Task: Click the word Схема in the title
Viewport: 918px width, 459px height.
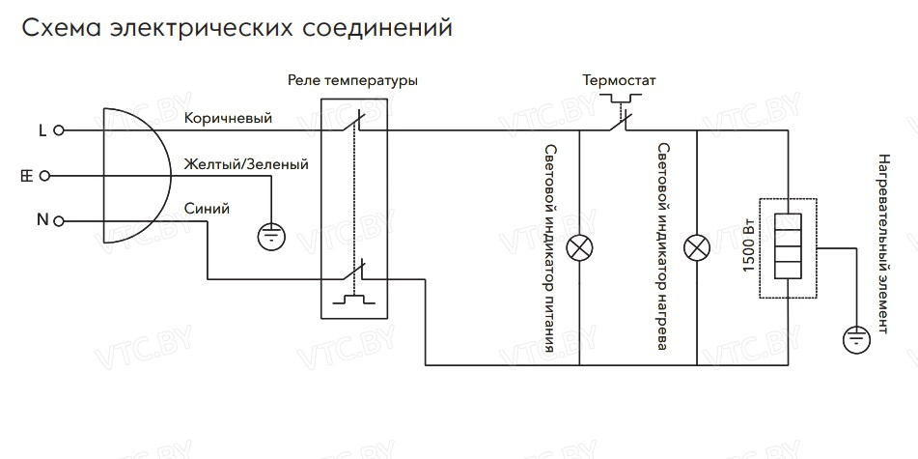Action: pos(60,29)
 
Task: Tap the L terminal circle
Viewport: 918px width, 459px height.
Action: pos(59,129)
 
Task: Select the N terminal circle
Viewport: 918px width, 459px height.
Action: pos(59,221)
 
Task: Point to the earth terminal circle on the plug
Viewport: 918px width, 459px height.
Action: pos(59,176)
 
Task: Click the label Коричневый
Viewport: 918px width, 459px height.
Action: pos(228,118)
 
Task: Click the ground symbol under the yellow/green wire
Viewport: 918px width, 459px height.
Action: pos(273,234)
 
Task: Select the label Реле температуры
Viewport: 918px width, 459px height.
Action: pos(352,81)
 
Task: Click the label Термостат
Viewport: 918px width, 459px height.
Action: pos(619,81)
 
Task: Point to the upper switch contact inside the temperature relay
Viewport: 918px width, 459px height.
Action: pos(354,122)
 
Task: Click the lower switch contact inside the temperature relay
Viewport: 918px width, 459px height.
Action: pos(354,275)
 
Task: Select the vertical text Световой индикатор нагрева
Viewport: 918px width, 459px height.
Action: pos(663,248)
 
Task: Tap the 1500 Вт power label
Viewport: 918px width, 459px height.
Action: pos(750,248)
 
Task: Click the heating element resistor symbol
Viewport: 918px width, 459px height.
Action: pos(789,247)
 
